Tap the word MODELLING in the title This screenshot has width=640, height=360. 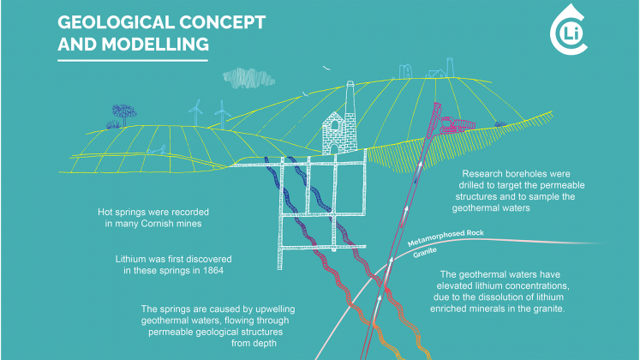[x=155, y=44]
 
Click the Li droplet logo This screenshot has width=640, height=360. [x=569, y=30]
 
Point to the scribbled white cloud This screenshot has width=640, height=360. [x=248, y=78]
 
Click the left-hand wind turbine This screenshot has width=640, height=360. [x=195, y=112]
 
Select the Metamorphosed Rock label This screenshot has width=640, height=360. [x=446, y=238]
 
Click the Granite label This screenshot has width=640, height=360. [x=425, y=253]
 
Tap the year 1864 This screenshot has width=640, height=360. [x=213, y=271]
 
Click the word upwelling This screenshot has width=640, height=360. [x=275, y=309]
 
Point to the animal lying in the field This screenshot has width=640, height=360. [x=157, y=150]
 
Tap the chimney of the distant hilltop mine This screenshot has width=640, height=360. [x=450, y=68]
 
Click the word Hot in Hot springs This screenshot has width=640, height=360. [x=105, y=213]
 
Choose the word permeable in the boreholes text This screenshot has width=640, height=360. [x=562, y=185]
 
